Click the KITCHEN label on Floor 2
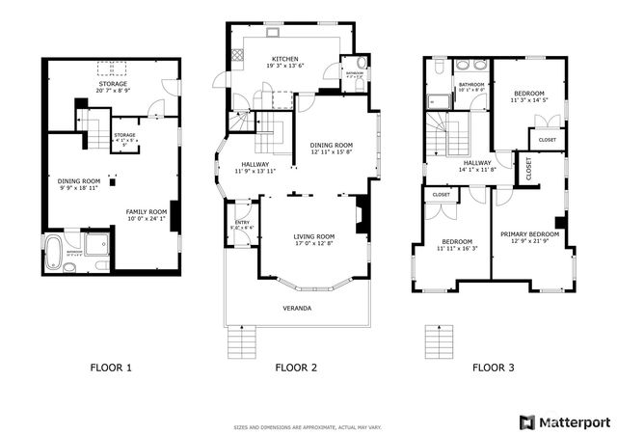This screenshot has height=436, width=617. click(x=285, y=57)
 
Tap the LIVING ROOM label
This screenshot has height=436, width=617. click(x=314, y=236)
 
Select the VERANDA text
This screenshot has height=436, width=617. click(x=298, y=310)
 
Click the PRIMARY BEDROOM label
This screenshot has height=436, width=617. click(x=529, y=234)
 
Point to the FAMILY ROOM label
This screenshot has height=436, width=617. click(x=148, y=210)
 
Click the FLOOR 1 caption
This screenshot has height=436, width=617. click(x=111, y=368)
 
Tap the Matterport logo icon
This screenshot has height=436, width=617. click(x=525, y=422)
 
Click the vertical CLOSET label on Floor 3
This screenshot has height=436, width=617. click(x=528, y=168)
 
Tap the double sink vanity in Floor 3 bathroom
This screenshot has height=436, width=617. click(x=469, y=67)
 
